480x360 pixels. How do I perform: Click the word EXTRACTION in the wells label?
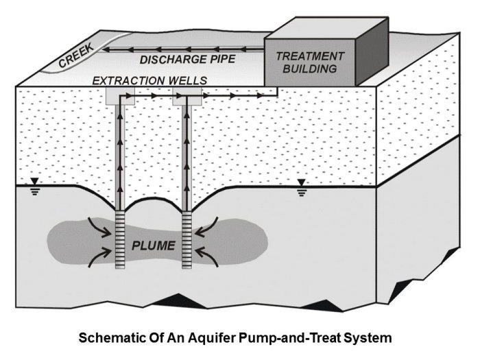point(130,81)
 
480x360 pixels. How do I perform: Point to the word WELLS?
point(188,81)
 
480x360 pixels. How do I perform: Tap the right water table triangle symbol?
point(300,182)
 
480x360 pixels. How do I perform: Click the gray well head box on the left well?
point(121,97)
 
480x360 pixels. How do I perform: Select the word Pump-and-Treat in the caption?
point(296,339)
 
